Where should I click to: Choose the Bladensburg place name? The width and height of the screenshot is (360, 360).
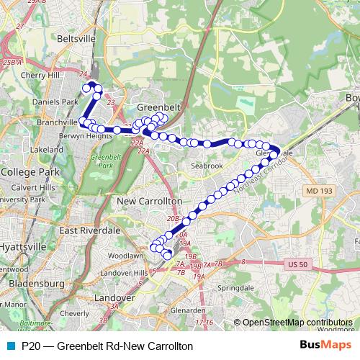coord(34,284)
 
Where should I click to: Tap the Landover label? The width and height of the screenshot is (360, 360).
coord(115,297)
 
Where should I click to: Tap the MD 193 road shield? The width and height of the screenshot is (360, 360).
coord(315,190)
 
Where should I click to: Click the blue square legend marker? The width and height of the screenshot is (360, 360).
coord(10,346)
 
